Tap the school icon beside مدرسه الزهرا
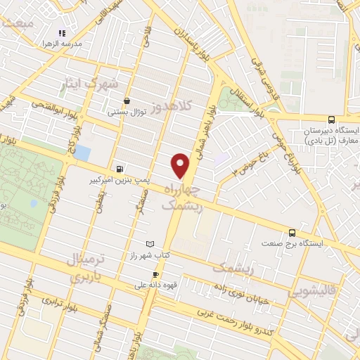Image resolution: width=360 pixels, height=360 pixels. [61, 33]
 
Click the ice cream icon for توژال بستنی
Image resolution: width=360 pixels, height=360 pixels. [127, 101]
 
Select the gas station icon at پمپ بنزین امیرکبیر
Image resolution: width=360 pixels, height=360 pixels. [120, 169]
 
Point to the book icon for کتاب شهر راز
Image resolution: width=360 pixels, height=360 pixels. [149, 243]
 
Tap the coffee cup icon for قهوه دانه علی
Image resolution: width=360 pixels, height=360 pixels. [155, 275]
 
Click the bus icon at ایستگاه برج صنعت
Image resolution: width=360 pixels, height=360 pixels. [291, 233]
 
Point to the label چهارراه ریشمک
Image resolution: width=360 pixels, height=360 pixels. [182, 198]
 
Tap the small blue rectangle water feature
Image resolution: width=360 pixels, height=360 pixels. [82, 152]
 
